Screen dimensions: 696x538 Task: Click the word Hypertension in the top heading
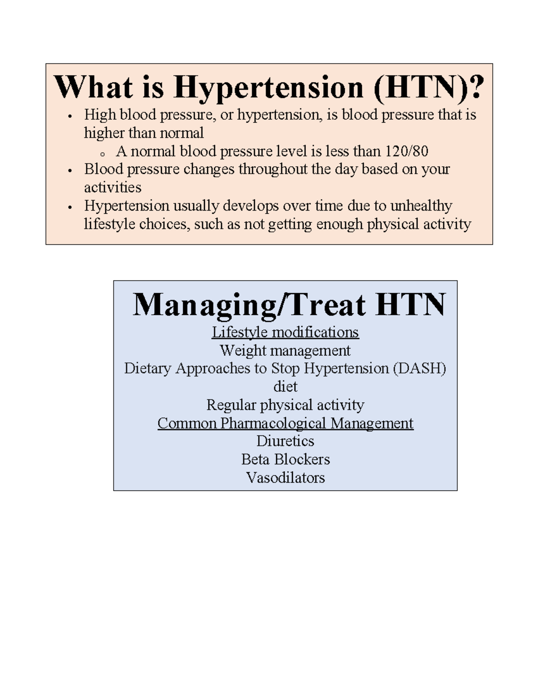pyautogui.click(x=268, y=87)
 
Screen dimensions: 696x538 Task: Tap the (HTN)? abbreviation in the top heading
pyautogui.click(x=429, y=87)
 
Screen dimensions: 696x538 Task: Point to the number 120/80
pyautogui.click(x=406, y=151)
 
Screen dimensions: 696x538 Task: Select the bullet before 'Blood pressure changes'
pyautogui.click(x=69, y=171)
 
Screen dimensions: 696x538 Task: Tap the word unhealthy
pyautogui.click(x=421, y=206)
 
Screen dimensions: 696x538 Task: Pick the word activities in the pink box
pyautogui.click(x=113, y=187)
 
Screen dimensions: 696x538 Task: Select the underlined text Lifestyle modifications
pyautogui.click(x=285, y=332)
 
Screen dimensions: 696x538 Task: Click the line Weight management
pyautogui.click(x=285, y=350)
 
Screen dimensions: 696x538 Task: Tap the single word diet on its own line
pyautogui.click(x=285, y=386)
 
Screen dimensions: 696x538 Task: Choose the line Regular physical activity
pyautogui.click(x=285, y=405)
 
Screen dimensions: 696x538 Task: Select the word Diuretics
pyautogui.click(x=285, y=441)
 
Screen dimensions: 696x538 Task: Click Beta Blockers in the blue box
pyautogui.click(x=285, y=459)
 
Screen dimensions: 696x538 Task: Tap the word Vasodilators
pyautogui.click(x=285, y=478)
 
